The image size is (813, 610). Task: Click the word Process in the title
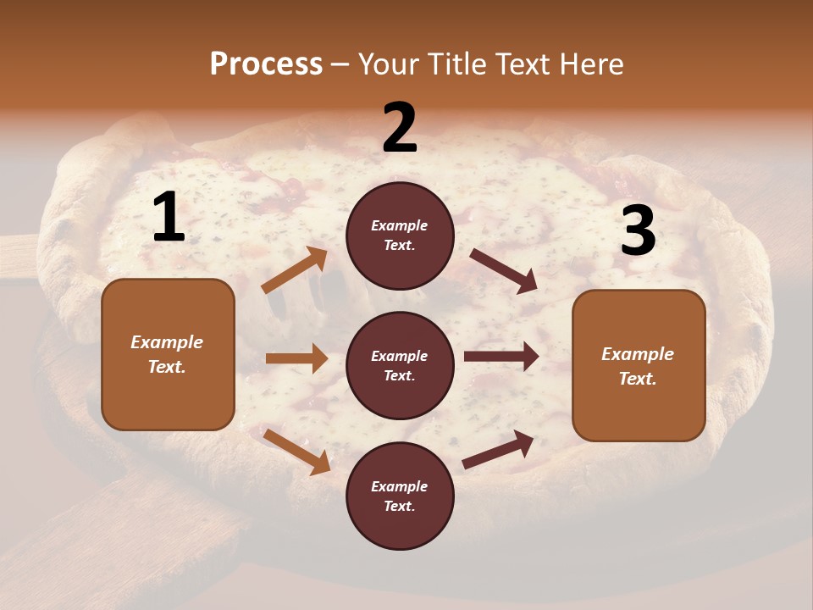tap(266, 64)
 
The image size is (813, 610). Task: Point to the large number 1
tap(169, 217)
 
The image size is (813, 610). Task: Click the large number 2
tap(400, 128)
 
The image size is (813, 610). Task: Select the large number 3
tap(638, 230)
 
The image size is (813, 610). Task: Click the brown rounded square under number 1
tap(168, 354)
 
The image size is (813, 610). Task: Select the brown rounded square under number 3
tap(639, 366)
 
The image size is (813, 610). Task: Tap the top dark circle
tap(400, 236)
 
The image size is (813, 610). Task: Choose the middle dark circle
tap(400, 366)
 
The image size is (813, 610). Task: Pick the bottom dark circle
tap(400, 496)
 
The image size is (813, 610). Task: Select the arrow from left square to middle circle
tap(296, 358)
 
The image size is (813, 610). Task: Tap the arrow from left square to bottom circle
tap(296, 452)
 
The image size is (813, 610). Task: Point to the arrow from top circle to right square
tap(503, 270)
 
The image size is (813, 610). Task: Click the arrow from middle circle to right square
tap(501, 357)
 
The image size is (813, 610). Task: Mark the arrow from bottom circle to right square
tap(498, 450)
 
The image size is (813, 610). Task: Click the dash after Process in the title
tap(340, 65)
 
